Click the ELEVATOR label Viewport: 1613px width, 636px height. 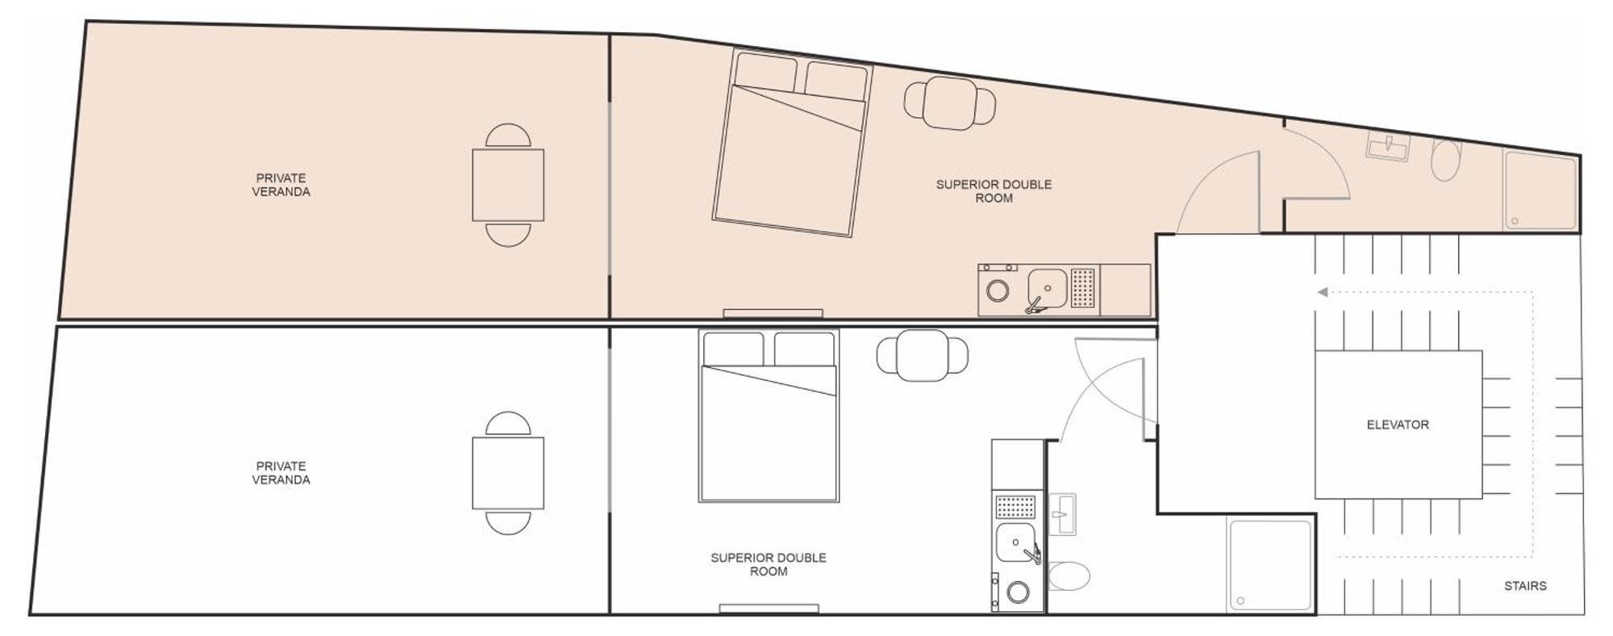1398,425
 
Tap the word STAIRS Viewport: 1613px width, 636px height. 1525,586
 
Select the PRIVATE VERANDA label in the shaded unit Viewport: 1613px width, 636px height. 281,185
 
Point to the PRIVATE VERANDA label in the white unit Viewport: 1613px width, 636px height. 281,473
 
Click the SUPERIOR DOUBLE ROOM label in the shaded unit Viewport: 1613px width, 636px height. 994,191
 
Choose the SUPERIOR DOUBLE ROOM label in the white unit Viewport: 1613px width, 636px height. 769,564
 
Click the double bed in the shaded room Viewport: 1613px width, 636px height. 792,143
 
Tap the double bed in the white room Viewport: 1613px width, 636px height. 769,416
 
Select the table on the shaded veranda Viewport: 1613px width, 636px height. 508,185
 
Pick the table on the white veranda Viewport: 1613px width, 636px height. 508,473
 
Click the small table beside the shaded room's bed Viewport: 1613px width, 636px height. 950,103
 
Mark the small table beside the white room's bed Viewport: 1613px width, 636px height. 923,355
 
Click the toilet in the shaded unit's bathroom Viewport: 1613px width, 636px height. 1446,160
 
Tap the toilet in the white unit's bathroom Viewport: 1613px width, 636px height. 1069,576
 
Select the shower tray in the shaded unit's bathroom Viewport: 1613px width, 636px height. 1540,191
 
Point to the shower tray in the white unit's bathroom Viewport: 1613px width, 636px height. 1270,564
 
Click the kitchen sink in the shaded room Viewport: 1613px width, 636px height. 1047,288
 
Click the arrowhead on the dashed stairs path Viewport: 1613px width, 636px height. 1322,292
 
